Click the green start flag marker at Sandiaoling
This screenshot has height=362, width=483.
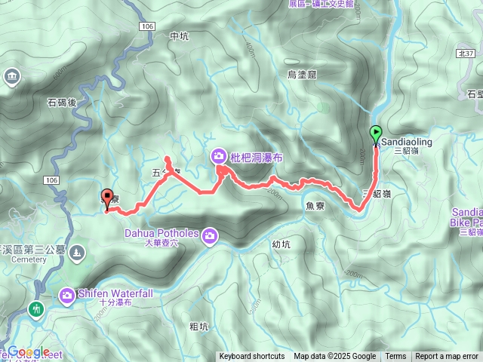[376, 133]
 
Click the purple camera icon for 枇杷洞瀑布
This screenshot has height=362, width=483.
[218, 156]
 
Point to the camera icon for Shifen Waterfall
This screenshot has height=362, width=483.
[68, 294]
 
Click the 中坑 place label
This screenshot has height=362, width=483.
[179, 35]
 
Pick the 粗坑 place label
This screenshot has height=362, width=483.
[198, 326]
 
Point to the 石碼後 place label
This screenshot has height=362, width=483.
[63, 103]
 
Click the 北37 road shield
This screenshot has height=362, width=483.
[466, 54]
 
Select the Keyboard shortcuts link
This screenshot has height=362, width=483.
[252, 357]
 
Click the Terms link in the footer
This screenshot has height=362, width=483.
[395, 357]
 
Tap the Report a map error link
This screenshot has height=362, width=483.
[447, 357]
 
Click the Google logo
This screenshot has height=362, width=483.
[29, 352]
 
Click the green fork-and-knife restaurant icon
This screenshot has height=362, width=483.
[35, 309]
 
